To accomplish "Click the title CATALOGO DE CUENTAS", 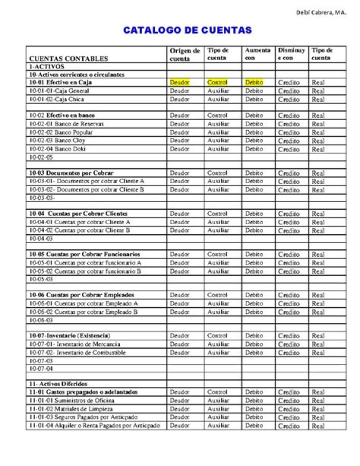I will (187, 31).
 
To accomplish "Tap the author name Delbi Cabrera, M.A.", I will (321, 13).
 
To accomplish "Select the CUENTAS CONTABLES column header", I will (68, 59).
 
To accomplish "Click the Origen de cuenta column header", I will (184, 55).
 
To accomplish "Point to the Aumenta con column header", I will (257, 54).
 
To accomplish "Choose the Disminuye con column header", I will (291, 54).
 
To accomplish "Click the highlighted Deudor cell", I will (179, 82).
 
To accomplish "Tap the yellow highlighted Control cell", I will (217, 82).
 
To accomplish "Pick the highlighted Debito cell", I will (254, 82).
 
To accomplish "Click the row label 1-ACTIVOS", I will (46, 67).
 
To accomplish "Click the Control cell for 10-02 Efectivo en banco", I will (217, 115).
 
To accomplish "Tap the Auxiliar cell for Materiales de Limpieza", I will (218, 409).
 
